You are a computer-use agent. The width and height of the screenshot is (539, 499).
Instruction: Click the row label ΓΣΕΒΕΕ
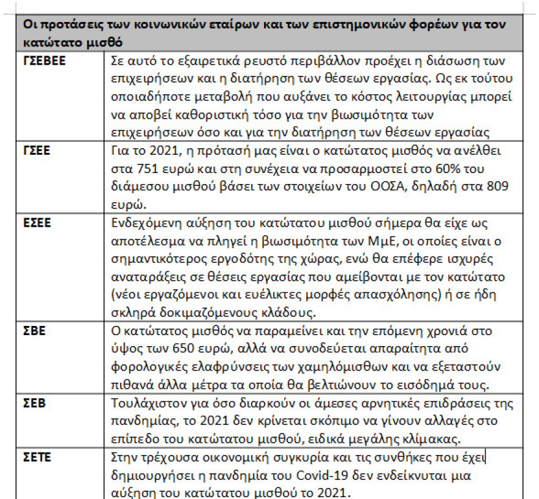[x=45, y=62]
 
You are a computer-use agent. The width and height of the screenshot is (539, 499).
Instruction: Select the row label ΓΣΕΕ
[x=37, y=149]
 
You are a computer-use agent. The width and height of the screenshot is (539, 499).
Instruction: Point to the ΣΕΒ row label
[x=34, y=404]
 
